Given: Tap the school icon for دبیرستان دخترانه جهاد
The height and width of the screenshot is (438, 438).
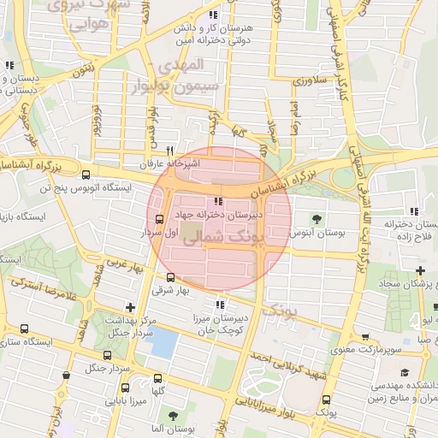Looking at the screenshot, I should pos(228,201).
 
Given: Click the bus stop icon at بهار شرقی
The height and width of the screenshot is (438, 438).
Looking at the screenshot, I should pos(170,277).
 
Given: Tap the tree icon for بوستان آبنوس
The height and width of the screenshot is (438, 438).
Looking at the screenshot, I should pos(317,218).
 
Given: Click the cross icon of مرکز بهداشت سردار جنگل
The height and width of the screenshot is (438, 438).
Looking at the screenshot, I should pos(129,307).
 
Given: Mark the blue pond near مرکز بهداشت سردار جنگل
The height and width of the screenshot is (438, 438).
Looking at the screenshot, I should pos(162,343).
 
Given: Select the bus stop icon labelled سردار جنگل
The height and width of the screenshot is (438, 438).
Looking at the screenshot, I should pos(107,355).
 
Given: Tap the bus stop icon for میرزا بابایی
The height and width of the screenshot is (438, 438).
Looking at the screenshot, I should pos(109,400).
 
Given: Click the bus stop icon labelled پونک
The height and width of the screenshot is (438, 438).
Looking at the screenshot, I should pos(326,400).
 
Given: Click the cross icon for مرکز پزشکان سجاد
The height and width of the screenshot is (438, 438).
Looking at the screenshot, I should pos(420,270).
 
